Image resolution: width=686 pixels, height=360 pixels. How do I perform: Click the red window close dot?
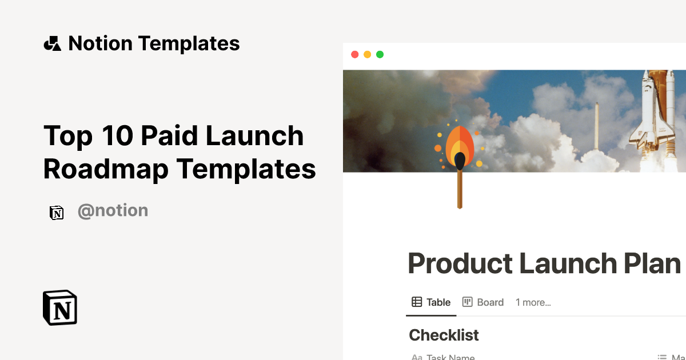click(354, 55)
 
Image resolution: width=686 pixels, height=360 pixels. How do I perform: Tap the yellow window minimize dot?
click(367, 55)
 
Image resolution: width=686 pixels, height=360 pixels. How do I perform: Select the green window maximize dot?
click(380, 55)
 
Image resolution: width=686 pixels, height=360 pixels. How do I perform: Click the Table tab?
click(432, 302)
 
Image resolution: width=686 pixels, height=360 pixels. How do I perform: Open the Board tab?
click(483, 302)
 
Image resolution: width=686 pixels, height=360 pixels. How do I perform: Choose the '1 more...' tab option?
click(533, 302)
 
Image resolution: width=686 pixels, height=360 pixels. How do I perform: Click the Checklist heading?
click(444, 335)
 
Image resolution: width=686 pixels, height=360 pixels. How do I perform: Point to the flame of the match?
click(460, 146)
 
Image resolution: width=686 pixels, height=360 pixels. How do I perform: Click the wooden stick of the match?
click(460, 189)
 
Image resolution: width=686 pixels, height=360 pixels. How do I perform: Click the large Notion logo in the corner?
click(60, 307)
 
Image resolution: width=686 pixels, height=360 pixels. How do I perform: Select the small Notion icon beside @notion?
click(57, 213)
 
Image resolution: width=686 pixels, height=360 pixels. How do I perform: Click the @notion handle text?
click(113, 211)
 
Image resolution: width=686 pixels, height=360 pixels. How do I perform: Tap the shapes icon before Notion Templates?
click(52, 43)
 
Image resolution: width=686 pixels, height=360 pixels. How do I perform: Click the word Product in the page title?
click(460, 264)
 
